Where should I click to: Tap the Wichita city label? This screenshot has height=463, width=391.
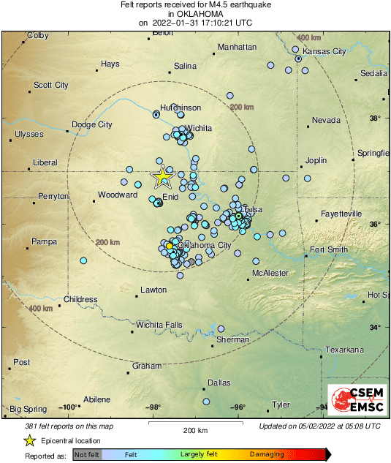click(198, 128)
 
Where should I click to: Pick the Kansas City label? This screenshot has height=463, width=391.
click(324, 52)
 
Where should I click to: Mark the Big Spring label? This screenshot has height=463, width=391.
click(27, 409)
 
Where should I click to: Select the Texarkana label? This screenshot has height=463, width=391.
click(344, 350)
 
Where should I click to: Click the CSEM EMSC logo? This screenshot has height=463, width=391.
click(354, 399)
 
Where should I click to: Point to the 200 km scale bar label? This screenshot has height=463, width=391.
click(196, 429)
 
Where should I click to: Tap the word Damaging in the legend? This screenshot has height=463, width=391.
click(267, 454)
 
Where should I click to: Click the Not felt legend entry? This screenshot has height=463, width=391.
click(88, 454)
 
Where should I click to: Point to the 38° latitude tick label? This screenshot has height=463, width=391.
click(375, 118)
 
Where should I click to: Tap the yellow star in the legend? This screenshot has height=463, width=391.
click(29, 440)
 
